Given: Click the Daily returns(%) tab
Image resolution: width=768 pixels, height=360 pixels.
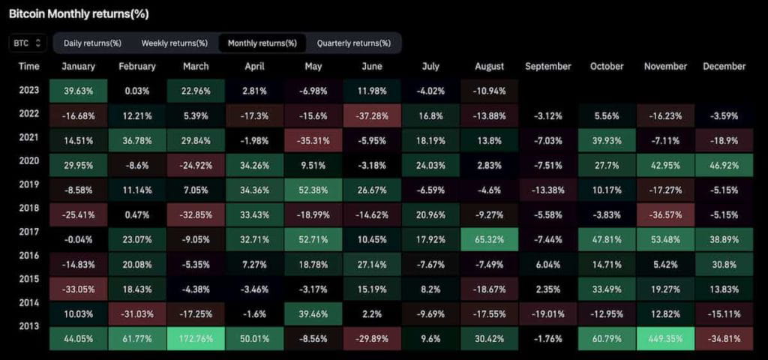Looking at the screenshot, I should click(x=93, y=43).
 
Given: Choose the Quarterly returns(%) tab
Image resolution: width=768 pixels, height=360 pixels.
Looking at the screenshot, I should click(x=353, y=43).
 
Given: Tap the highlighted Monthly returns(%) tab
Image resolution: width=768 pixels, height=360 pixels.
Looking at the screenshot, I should click(x=262, y=43).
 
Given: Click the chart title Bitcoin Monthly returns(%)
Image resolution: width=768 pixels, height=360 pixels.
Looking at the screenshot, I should click(x=79, y=13).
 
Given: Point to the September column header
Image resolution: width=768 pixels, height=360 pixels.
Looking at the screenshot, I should click(x=547, y=66).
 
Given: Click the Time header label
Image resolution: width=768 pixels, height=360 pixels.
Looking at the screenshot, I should click(x=28, y=66).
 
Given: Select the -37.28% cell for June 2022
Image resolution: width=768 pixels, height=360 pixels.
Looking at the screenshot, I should click(x=372, y=115).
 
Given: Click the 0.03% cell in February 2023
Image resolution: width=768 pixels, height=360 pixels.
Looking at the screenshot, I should click(x=136, y=91).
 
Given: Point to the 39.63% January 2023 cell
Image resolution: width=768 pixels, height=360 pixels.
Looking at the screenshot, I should click(x=78, y=91).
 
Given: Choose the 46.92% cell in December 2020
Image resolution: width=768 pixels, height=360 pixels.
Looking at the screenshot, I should click(x=724, y=164).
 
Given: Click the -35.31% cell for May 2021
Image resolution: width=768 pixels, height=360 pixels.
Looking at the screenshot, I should click(x=313, y=140).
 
